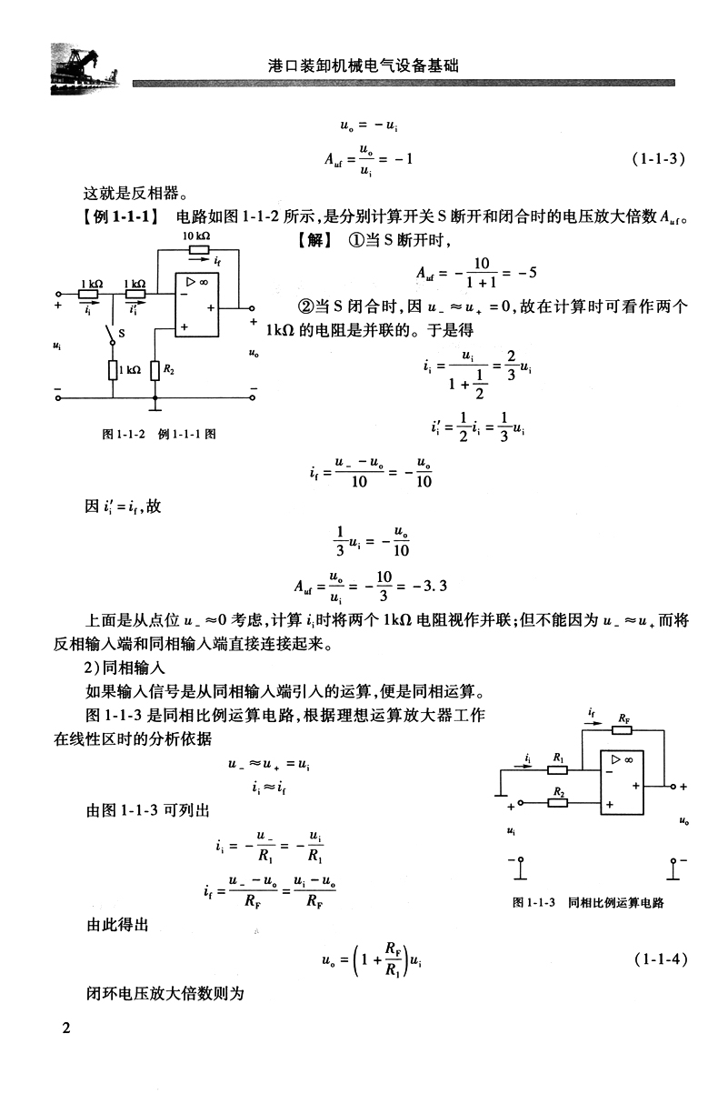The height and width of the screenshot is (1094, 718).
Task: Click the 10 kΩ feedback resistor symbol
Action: tap(199, 250)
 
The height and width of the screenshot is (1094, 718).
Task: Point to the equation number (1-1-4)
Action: tap(656, 958)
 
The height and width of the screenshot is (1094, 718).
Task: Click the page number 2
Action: tap(65, 1029)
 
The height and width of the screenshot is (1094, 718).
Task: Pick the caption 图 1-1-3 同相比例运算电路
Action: tap(588, 903)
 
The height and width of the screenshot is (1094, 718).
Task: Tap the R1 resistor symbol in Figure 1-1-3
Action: tap(559, 768)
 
